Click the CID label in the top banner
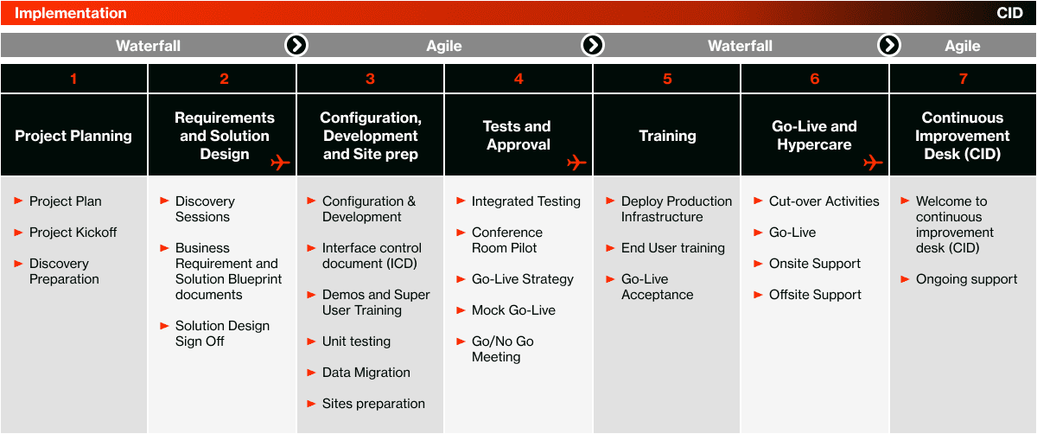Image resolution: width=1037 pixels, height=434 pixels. pos(1009,13)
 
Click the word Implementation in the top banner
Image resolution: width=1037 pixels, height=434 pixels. pos(70,13)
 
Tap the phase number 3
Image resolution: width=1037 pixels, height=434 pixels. pos(370,79)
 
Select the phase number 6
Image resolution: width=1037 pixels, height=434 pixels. pos(814,79)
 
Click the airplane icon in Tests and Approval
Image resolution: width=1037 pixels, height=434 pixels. pos(576,163)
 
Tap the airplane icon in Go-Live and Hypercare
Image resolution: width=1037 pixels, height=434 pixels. pos(873,163)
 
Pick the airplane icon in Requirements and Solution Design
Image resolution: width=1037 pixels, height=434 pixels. pos(280,163)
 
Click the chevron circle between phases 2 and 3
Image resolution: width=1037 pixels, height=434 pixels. pos(296,45)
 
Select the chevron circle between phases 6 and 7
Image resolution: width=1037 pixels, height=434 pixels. pos(889,45)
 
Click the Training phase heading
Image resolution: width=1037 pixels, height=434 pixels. pos(667,136)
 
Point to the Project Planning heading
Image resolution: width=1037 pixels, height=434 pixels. pos(73,136)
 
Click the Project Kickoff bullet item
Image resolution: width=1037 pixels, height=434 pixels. pos(73,233)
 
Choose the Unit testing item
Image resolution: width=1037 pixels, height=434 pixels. pos(356,341)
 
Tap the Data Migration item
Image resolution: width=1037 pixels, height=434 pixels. pos(366,373)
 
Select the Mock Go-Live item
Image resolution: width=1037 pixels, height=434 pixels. pos(513,310)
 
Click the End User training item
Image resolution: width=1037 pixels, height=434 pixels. pos(672,248)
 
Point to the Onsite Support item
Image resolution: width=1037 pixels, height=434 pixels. pos(814,264)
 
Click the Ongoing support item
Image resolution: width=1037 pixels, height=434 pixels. pos(966,279)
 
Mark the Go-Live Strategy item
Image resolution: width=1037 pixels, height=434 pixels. pos(522,279)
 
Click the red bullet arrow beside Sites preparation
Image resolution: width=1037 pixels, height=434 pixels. pos(311,404)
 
